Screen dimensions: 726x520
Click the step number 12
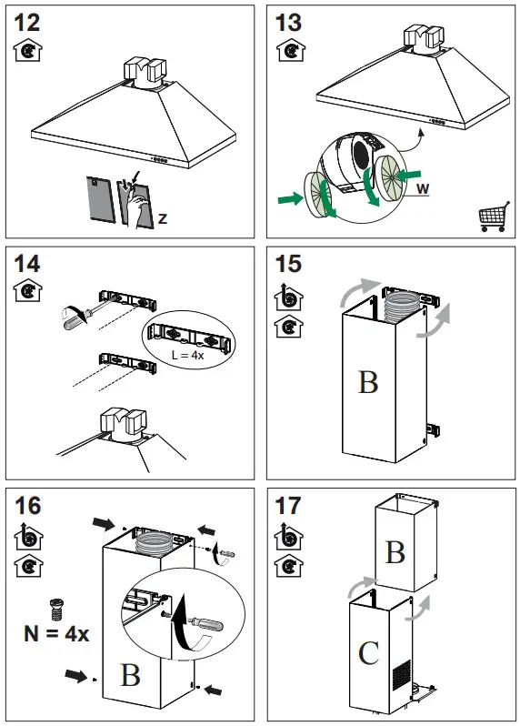tap(28, 22)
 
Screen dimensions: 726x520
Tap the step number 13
tap(288, 22)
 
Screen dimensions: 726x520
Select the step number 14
tap(28, 266)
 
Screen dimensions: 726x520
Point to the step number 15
tap(288, 266)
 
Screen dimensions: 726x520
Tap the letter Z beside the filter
tap(162, 218)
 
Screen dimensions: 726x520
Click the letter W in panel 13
tap(422, 190)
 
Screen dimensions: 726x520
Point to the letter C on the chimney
tap(368, 654)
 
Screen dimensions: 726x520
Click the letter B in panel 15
tap(368, 382)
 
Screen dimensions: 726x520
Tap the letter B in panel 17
tap(395, 552)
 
